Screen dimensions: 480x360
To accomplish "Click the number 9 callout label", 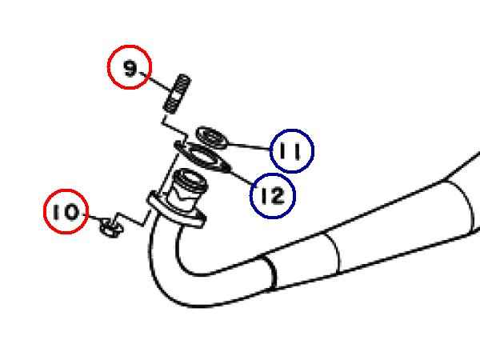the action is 130,67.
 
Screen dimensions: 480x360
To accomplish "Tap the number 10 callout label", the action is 66,211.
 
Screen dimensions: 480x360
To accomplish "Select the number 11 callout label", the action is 292,151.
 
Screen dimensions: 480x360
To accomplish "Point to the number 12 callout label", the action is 273,196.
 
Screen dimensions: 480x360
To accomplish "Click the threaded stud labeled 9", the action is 177,94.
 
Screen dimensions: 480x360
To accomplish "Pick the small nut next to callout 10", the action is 111,228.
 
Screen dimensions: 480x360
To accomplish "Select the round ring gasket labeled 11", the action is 212,138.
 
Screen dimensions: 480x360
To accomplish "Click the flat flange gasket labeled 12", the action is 202,157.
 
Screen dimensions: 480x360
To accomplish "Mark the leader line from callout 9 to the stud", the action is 155,82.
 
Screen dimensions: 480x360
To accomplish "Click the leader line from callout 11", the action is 248,146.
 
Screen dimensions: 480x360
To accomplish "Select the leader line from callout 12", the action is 242,176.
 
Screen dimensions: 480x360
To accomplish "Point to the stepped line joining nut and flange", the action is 132,218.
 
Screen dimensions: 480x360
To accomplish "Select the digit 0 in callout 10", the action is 73,212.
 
